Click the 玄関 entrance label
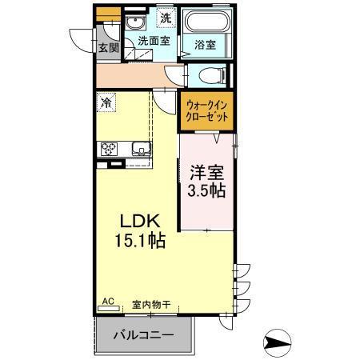click(108, 47)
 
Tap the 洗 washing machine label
click(165, 18)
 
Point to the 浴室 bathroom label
click(206, 46)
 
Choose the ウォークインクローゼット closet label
click(207, 110)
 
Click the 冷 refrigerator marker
click(106, 102)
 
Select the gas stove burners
click(108, 149)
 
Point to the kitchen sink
click(140, 149)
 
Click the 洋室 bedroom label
click(206, 173)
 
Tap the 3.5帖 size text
click(206, 192)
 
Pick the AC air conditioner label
click(107, 302)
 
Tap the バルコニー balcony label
click(143, 335)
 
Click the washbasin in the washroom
click(134, 23)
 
